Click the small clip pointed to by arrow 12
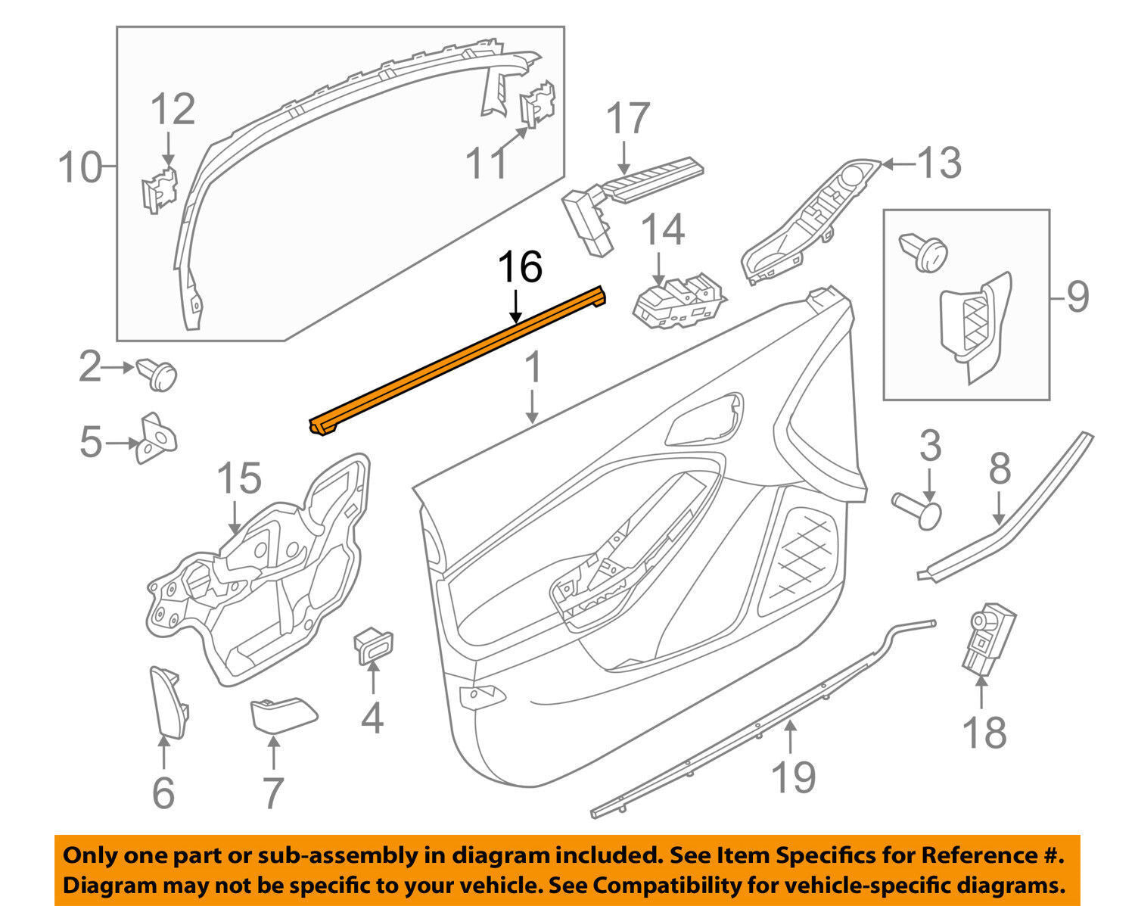click(159, 189)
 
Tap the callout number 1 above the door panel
click(533, 369)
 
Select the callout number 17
click(628, 119)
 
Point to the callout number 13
click(939, 163)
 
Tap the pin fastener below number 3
click(919, 507)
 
